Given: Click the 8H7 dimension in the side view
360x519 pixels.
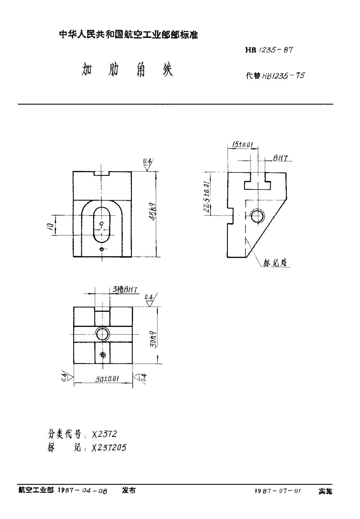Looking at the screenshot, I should tap(280, 158).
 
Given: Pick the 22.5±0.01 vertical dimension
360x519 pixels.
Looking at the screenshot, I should tap(207, 194).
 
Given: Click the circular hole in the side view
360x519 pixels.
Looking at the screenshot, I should tap(257, 216).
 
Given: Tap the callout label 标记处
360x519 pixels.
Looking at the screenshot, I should tap(275, 263).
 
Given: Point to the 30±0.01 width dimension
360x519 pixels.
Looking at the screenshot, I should tap(107, 379).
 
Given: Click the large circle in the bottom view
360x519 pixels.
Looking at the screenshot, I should tap(103, 334).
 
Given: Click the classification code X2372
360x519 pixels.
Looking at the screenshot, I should tap(105, 434).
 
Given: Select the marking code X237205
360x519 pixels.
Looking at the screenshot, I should tap(109, 447).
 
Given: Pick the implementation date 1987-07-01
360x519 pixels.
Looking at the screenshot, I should tap(278, 492).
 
